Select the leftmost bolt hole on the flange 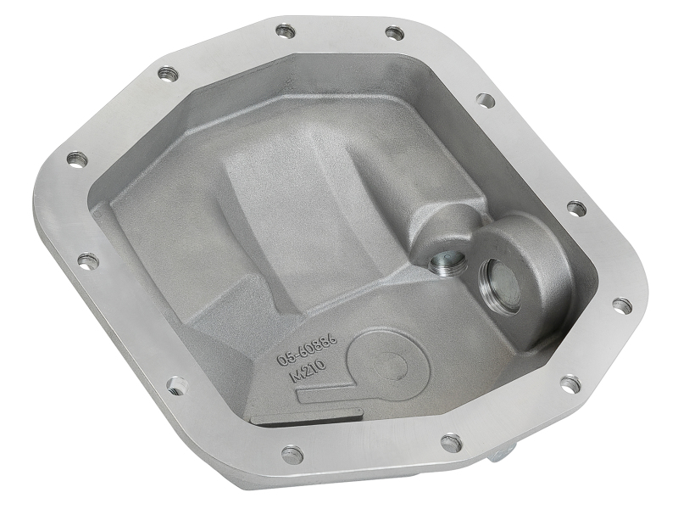77,159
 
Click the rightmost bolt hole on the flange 621,305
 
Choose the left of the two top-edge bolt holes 286,31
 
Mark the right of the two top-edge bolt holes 394,33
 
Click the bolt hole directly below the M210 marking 292,454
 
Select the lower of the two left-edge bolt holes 88,260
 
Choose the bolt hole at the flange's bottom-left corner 175,386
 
